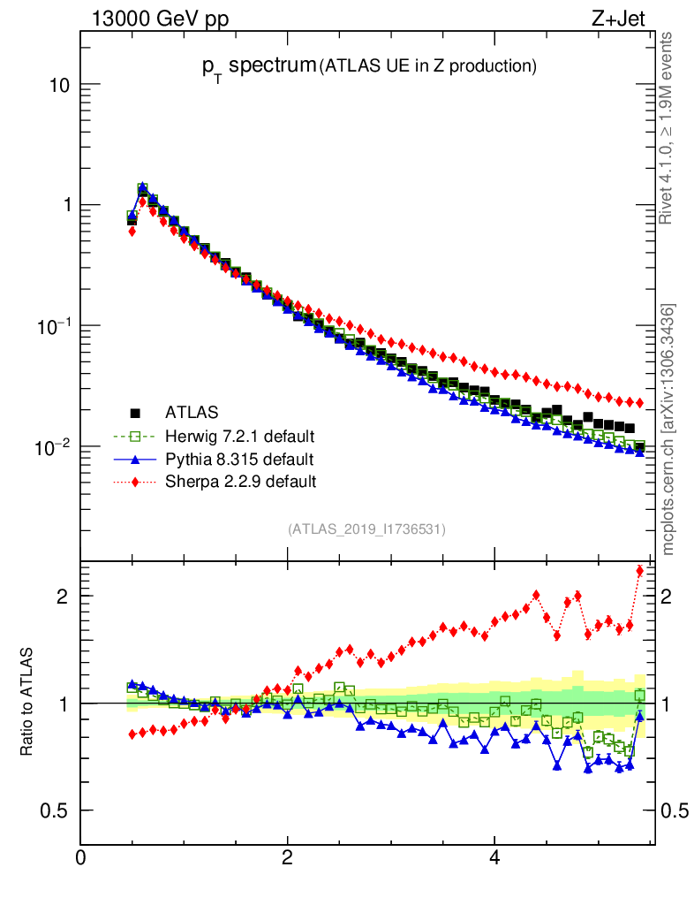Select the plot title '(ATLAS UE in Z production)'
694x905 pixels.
pyautogui.click(x=429, y=65)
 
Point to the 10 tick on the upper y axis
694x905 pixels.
pyautogui.click(x=58, y=85)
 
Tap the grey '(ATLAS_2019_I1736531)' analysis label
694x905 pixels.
pyautogui.click(x=366, y=529)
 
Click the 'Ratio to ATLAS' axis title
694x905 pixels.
pyautogui.click(x=28, y=703)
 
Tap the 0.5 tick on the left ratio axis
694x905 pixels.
pyautogui.click(x=55, y=810)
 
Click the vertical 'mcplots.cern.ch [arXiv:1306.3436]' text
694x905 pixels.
pyautogui.click(x=668, y=429)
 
